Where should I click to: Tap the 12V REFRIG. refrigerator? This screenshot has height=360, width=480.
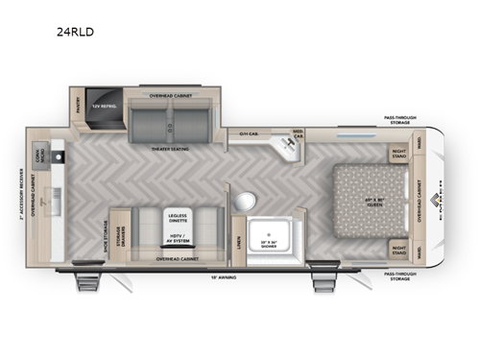pyautogui.click(x=104, y=106)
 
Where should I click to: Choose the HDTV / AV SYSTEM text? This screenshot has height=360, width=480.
pyautogui.click(x=176, y=238)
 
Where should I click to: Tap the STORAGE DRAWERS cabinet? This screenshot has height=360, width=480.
pyautogui.click(x=121, y=233)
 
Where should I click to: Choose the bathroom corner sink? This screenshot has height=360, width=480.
pyautogui.click(x=284, y=147)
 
